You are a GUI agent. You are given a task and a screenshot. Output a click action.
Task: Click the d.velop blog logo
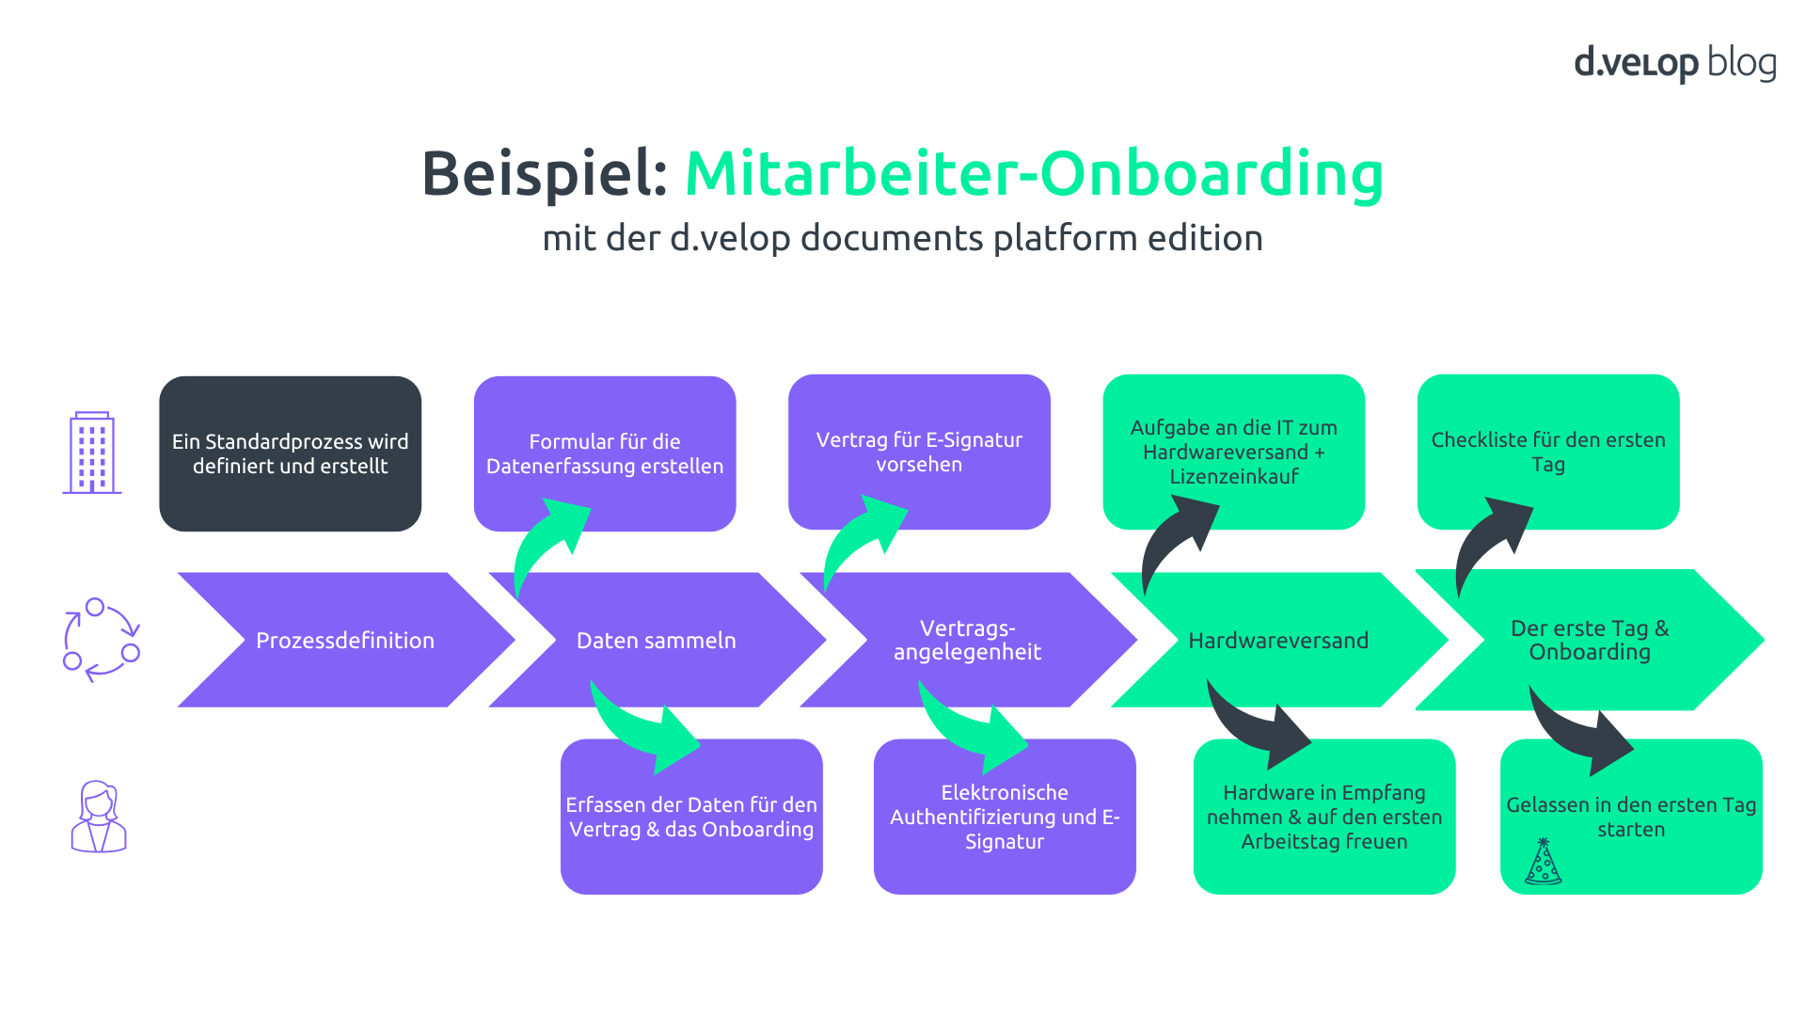click(x=1674, y=63)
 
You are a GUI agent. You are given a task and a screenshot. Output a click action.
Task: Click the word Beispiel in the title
click(x=544, y=174)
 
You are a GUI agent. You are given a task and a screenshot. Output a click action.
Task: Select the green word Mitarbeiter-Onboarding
click(x=1033, y=174)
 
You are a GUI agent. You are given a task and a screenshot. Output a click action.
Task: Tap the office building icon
click(x=92, y=452)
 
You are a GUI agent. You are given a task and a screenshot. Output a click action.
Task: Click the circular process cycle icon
click(x=101, y=640)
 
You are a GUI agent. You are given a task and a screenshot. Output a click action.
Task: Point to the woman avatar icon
click(x=99, y=817)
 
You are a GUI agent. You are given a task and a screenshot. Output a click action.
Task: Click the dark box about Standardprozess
click(x=290, y=453)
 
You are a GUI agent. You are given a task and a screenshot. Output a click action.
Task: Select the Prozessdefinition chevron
click(x=345, y=640)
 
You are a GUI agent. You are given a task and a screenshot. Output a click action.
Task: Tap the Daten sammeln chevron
click(x=657, y=640)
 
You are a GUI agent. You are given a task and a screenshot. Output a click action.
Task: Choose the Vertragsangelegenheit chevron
click(x=967, y=640)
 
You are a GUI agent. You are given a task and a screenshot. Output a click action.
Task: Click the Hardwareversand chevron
click(x=1277, y=640)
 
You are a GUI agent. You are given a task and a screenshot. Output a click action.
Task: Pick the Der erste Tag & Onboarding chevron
click(x=1590, y=640)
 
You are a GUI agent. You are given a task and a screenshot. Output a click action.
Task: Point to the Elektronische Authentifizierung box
click(x=1005, y=817)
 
